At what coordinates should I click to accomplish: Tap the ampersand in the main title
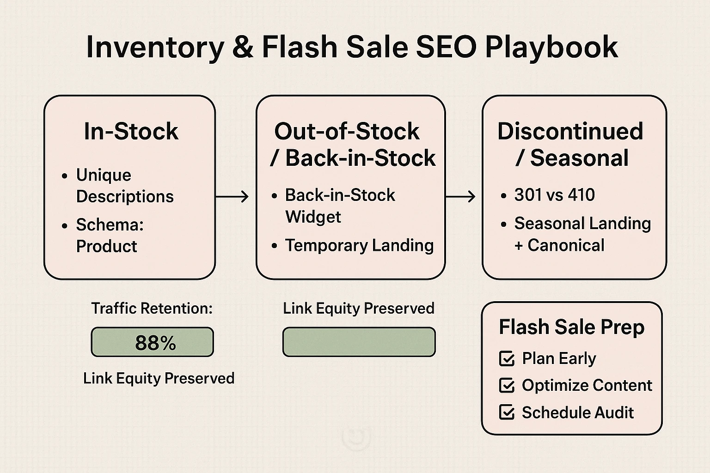point(243,47)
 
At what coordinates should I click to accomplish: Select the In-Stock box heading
point(131,131)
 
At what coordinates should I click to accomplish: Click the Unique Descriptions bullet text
point(124,186)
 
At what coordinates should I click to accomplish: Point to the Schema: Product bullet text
point(110,236)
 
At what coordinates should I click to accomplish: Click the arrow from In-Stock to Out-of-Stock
point(232,197)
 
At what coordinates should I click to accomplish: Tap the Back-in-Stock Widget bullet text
point(339,206)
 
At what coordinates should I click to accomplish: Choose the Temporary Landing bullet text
point(359,245)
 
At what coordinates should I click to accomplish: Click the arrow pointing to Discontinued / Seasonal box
point(460,197)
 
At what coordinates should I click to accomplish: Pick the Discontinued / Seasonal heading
point(570,145)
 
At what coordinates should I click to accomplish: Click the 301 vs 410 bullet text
point(554,195)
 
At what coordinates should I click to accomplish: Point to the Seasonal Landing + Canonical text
point(582,234)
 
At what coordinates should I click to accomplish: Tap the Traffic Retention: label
point(152,308)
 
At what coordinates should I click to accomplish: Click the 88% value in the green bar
point(155,343)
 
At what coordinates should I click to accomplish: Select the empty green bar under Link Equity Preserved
point(359,342)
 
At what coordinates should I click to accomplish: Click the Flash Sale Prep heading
point(571,327)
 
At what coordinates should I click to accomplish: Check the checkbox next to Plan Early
point(507,359)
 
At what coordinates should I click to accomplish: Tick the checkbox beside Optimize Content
point(507,386)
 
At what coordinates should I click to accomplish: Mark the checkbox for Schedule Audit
point(507,412)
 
